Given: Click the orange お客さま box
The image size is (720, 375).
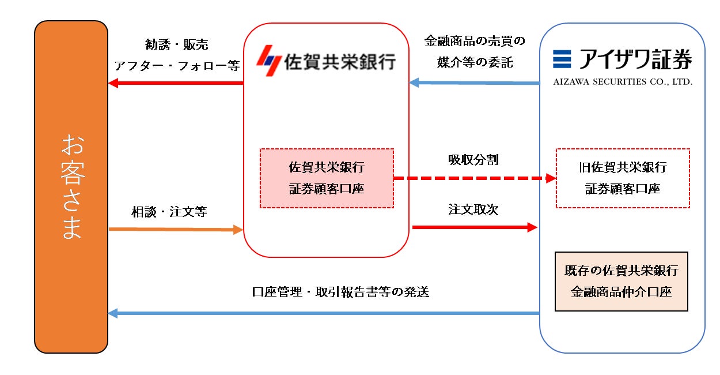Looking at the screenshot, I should tap(71, 187).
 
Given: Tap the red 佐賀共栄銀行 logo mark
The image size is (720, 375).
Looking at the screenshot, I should tap(267, 60).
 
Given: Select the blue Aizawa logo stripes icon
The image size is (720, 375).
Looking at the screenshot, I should tap(562, 59).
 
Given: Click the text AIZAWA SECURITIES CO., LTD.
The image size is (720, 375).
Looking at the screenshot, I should tap(622, 82).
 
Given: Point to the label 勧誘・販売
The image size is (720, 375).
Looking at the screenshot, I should tap(176, 44).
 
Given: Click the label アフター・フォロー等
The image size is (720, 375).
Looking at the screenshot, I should tap(176, 65).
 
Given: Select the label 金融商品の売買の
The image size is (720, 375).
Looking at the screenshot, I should tap(475, 42).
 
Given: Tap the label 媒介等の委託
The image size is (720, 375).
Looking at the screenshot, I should tap(475, 62).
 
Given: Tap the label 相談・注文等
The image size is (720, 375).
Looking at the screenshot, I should tap(169, 212).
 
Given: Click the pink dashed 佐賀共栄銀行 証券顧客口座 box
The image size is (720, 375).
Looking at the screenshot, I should tap(327, 178).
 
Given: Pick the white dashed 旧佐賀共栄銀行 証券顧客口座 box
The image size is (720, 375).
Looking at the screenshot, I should tap(623, 178).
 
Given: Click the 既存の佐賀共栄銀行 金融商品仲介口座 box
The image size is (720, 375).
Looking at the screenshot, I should tap(622, 281).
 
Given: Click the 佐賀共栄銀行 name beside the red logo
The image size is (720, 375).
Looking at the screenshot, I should tap(340, 61).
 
